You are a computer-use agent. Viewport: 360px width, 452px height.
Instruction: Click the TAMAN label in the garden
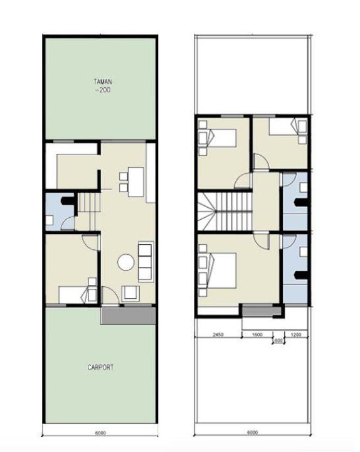point(103,82)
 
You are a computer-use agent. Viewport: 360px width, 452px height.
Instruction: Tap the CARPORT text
point(100,367)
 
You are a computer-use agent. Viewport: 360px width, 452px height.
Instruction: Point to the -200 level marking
point(103,90)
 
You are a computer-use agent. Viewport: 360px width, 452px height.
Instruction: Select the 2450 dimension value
point(218,335)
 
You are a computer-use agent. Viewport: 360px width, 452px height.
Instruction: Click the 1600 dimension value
point(257,335)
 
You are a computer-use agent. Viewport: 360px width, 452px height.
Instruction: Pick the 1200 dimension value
point(296,335)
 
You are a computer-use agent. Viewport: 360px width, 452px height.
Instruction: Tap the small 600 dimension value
point(278,340)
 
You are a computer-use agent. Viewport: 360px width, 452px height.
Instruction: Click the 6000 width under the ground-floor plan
point(100,433)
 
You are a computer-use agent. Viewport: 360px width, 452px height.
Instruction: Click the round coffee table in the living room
point(126,262)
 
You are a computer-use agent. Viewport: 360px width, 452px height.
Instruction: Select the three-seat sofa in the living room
point(146,262)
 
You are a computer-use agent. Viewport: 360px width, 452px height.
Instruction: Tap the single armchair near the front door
point(130,293)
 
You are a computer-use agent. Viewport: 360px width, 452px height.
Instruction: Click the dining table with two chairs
point(132,181)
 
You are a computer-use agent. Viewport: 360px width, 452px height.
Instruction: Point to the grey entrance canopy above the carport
point(128,316)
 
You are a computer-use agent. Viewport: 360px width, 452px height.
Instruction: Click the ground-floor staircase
point(90,211)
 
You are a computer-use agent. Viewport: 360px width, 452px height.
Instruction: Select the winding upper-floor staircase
point(225,212)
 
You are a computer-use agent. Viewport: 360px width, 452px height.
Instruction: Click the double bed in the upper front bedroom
point(218,271)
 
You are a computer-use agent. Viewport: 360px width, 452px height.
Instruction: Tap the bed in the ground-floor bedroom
point(78,294)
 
